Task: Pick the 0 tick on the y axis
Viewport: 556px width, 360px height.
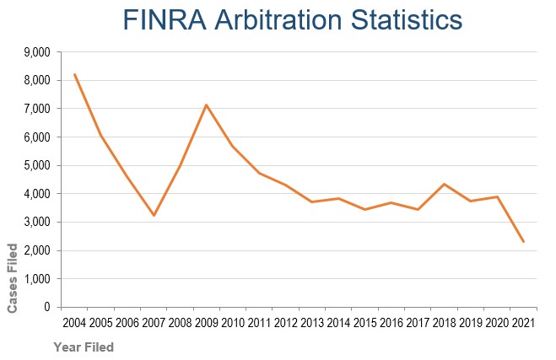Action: tap(47, 308)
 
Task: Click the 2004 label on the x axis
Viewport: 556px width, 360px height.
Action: tap(75, 323)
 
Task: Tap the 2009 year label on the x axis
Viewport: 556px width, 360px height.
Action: tap(207, 323)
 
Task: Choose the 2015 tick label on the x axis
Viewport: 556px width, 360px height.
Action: tap(365, 323)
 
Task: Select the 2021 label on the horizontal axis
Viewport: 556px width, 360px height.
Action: tap(524, 323)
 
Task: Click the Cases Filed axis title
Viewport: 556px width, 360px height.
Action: tap(13, 277)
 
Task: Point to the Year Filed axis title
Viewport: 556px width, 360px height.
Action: tap(83, 347)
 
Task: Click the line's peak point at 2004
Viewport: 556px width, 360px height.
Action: tap(75, 74)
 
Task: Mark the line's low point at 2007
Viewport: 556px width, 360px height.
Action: tap(154, 216)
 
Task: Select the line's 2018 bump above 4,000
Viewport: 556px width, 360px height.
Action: tap(445, 184)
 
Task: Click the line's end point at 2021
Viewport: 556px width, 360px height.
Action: tap(524, 242)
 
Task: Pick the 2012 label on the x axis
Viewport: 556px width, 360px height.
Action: tap(286, 323)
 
